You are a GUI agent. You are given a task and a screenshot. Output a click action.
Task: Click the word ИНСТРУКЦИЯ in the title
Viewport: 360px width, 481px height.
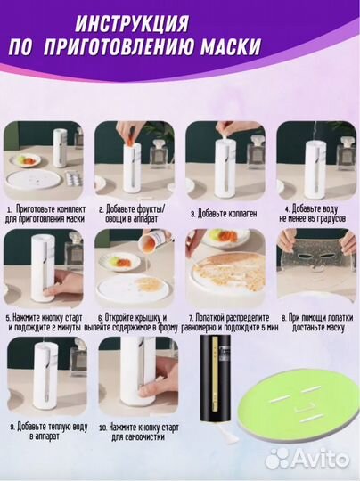coord(132,24)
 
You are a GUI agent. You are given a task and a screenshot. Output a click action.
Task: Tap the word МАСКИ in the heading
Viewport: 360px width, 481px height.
coord(231,47)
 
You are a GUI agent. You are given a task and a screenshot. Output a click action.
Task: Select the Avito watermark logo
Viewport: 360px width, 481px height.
coord(307,459)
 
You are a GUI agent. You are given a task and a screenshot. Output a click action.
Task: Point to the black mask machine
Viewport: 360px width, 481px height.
coord(215,378)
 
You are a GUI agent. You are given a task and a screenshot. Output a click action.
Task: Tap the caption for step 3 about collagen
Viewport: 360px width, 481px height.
coord(224,214)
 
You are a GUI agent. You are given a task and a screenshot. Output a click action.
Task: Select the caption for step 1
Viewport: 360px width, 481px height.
coord(45,214)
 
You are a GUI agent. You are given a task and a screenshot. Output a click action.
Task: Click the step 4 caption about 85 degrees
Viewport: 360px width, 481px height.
coord(313,214)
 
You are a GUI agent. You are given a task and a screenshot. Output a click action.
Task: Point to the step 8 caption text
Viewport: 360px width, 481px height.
coord(317,322)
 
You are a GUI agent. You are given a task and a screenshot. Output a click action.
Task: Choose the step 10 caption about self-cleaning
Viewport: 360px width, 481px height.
coord(138,432)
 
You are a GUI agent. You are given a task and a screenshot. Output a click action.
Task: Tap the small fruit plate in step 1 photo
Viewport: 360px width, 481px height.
coord(26,159)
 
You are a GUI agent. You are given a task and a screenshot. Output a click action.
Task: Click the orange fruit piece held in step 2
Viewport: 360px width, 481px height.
coord(132,141)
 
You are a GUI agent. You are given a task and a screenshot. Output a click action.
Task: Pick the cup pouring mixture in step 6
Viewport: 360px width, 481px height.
coord(151,240)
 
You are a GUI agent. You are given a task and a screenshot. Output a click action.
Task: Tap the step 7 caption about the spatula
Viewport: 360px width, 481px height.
coord(230,322)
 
